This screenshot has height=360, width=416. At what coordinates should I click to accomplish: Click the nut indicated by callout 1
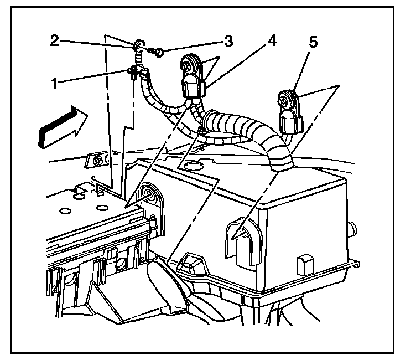pos(133,70)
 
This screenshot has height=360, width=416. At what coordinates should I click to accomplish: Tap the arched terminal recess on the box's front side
pos(237,238)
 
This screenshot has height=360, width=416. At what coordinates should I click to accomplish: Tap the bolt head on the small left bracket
pos(98,162)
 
